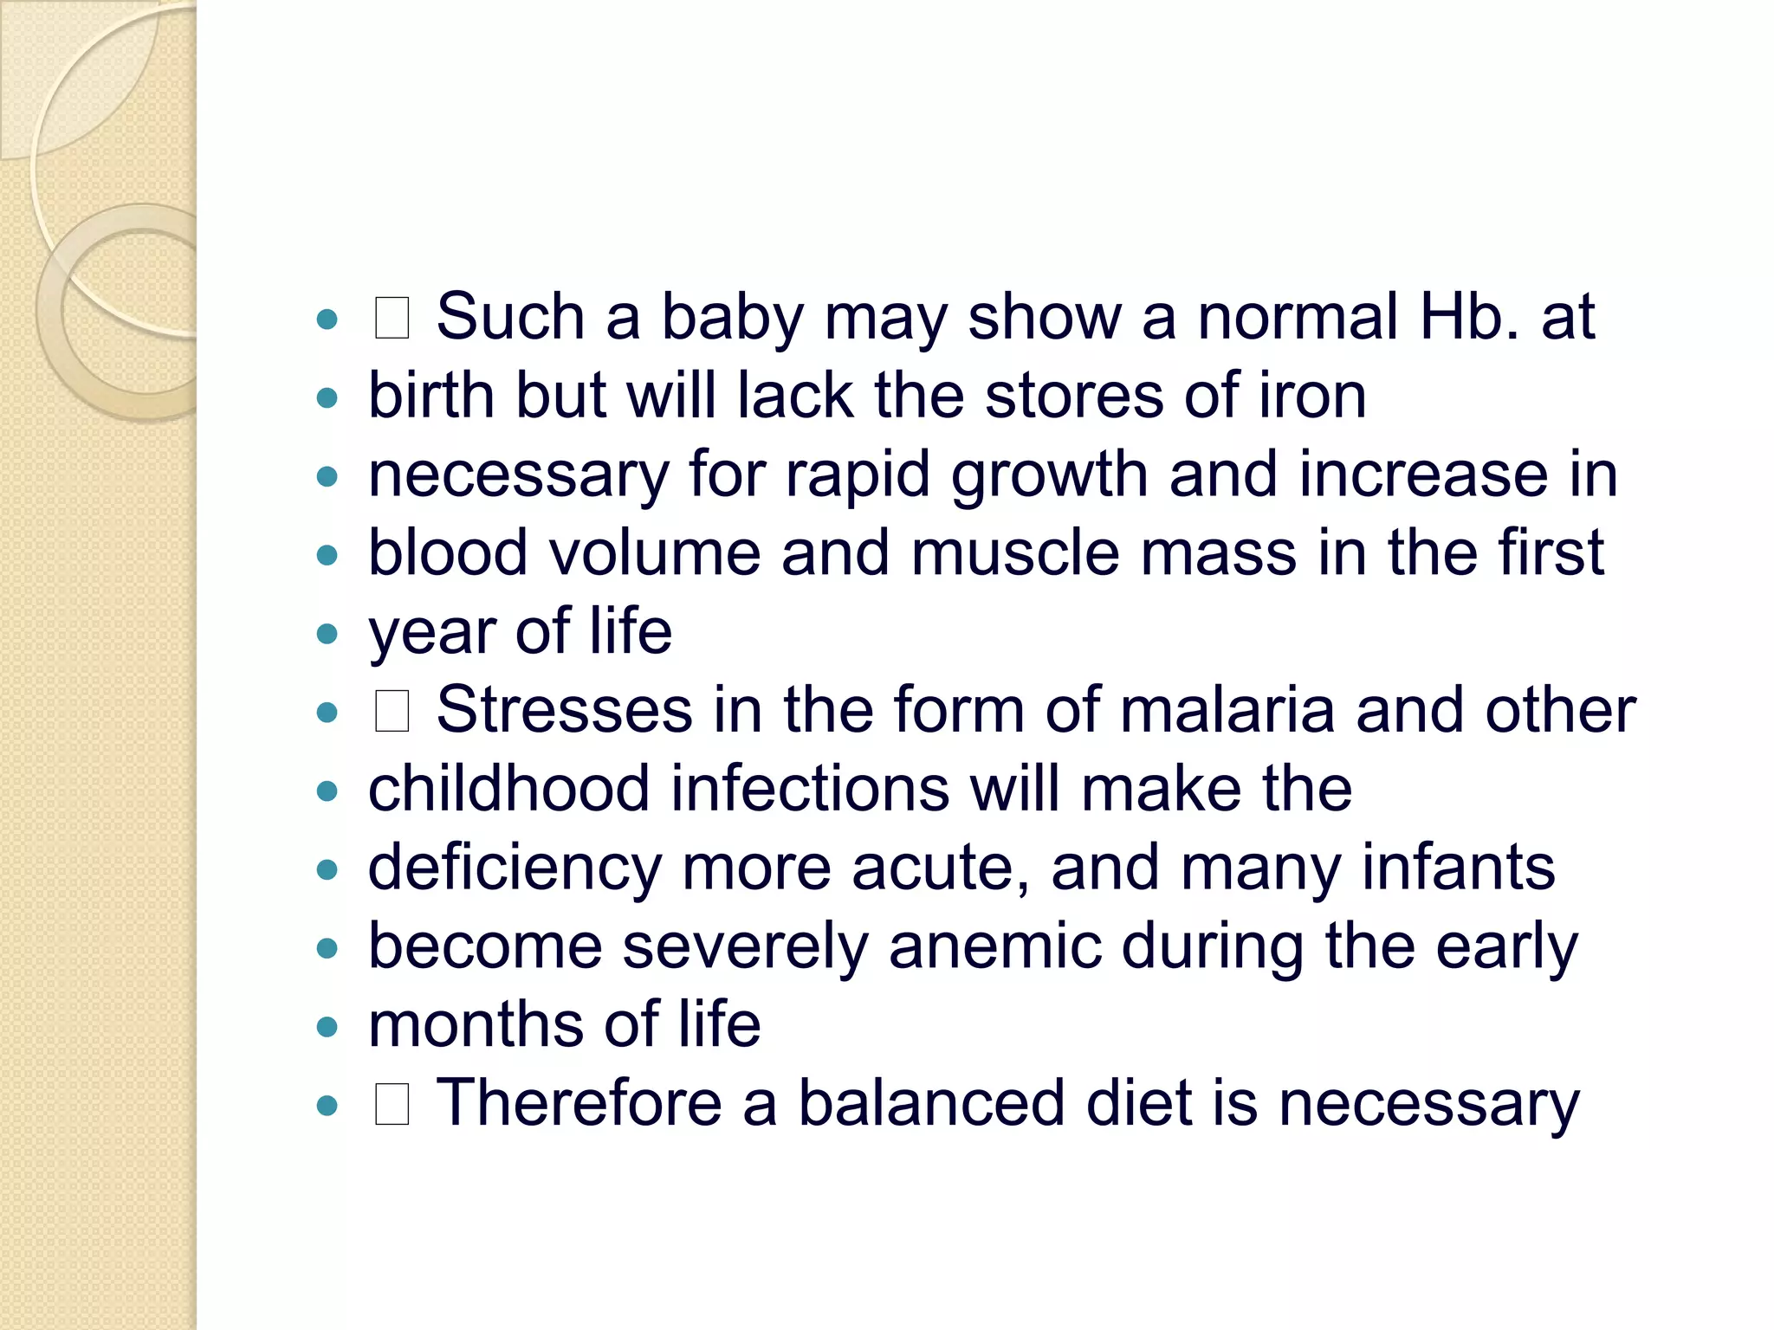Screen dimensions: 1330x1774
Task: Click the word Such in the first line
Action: pyautogui.click(x=510, y=317)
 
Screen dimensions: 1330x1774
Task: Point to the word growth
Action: pyautogui.click(x=1049, y=475)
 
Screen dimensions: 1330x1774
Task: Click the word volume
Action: pyautogui.click(x=655, y=553)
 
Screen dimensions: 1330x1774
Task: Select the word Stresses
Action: pyautogui.click(x=564, y=711)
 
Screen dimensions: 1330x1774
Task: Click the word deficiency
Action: pyautogui.click(x=515, y=868)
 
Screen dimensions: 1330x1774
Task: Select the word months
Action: pyautogui.click(x=476, y=1025)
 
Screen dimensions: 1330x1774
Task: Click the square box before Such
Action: pyautogui.click(x=392, y=318)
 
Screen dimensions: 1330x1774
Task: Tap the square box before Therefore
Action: pyautogui.click(x=392, y=1105)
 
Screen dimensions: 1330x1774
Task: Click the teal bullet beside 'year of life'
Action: pyautogui.click(x=327, y=634)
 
